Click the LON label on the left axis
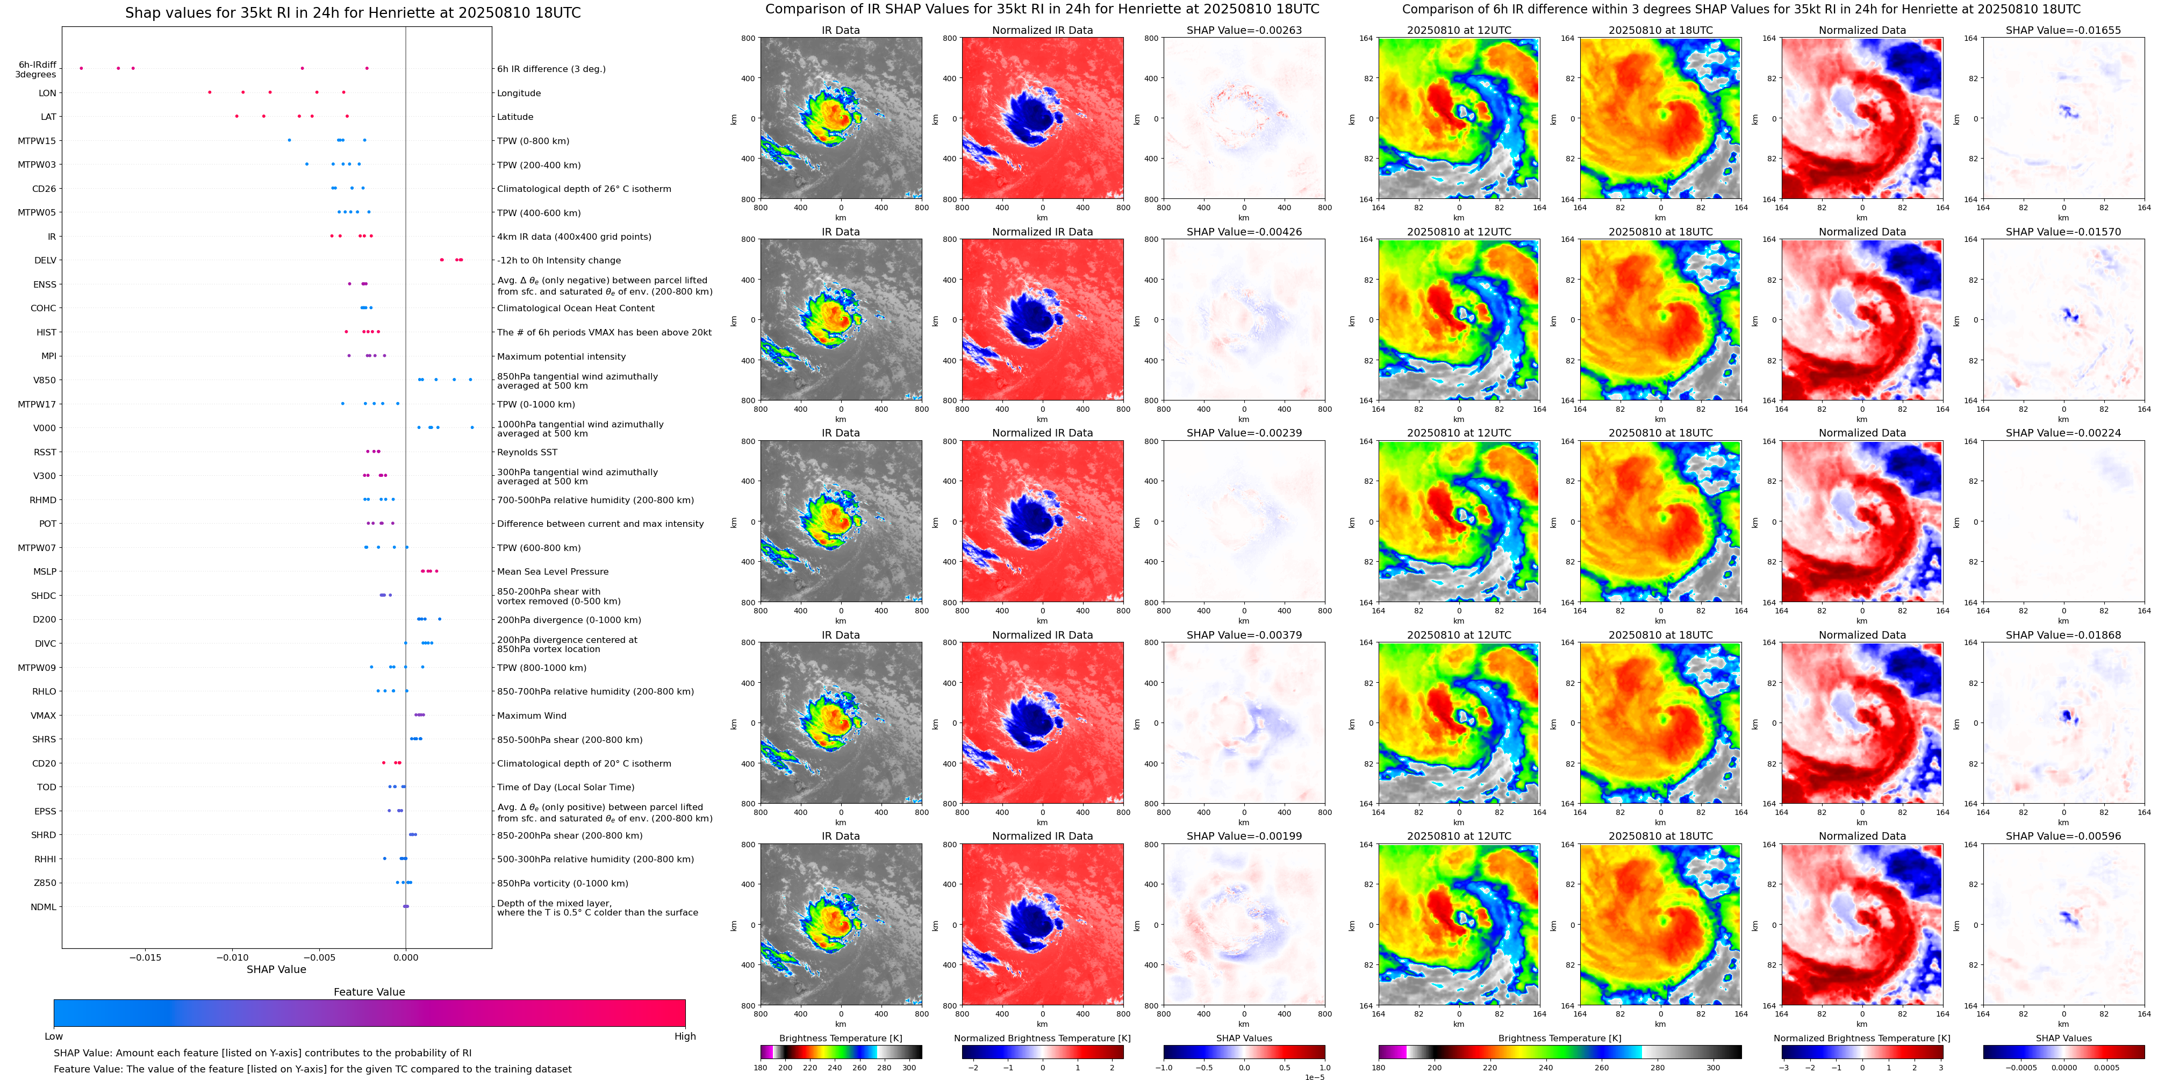pos(48,93)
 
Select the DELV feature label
pos(45,261)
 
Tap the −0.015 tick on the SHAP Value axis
pos(146,957)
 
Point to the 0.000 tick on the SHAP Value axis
pos(405,957)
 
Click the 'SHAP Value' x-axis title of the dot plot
pos(276,969)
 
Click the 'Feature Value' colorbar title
pos(369,992)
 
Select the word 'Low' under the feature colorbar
pos(54,1036)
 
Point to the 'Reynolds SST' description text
pos(527,453)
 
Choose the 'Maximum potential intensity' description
pos(561,356)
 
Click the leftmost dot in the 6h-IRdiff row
pos(81,68)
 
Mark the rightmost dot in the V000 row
pos(472,427)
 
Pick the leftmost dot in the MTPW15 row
pos(289,140)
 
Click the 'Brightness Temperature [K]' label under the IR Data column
pos(840,1038)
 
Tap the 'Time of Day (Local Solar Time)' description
pos(565,788)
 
